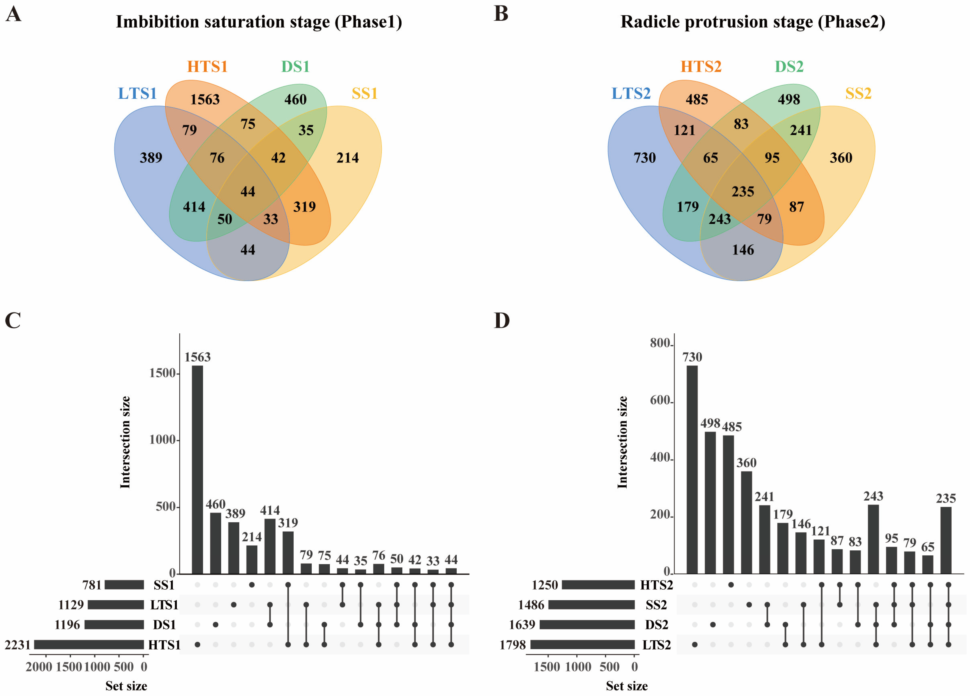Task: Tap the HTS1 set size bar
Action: pyautogui.click(x=89, y=644)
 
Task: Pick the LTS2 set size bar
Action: pyautogui.click(x=583, y=644)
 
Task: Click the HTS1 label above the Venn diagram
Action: pyautogui.click(x=207, y=67)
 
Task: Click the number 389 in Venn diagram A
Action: pyautogui.click(x=151, y=158)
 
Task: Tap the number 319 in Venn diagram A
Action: pyautogui.click(x=305, y=207)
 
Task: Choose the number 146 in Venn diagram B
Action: pyautogui.click(x=743, y=250)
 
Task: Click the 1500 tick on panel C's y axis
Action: pyautogui.click(x=163, y=373)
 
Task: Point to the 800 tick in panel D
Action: pyautogui.click(x=660, y=343)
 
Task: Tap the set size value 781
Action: pyautogui.click(x=92, y=585)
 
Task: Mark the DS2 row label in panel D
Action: pyautogui.click(x=656, y=625)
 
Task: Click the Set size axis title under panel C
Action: pyautogui.click(x=126, y=686)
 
